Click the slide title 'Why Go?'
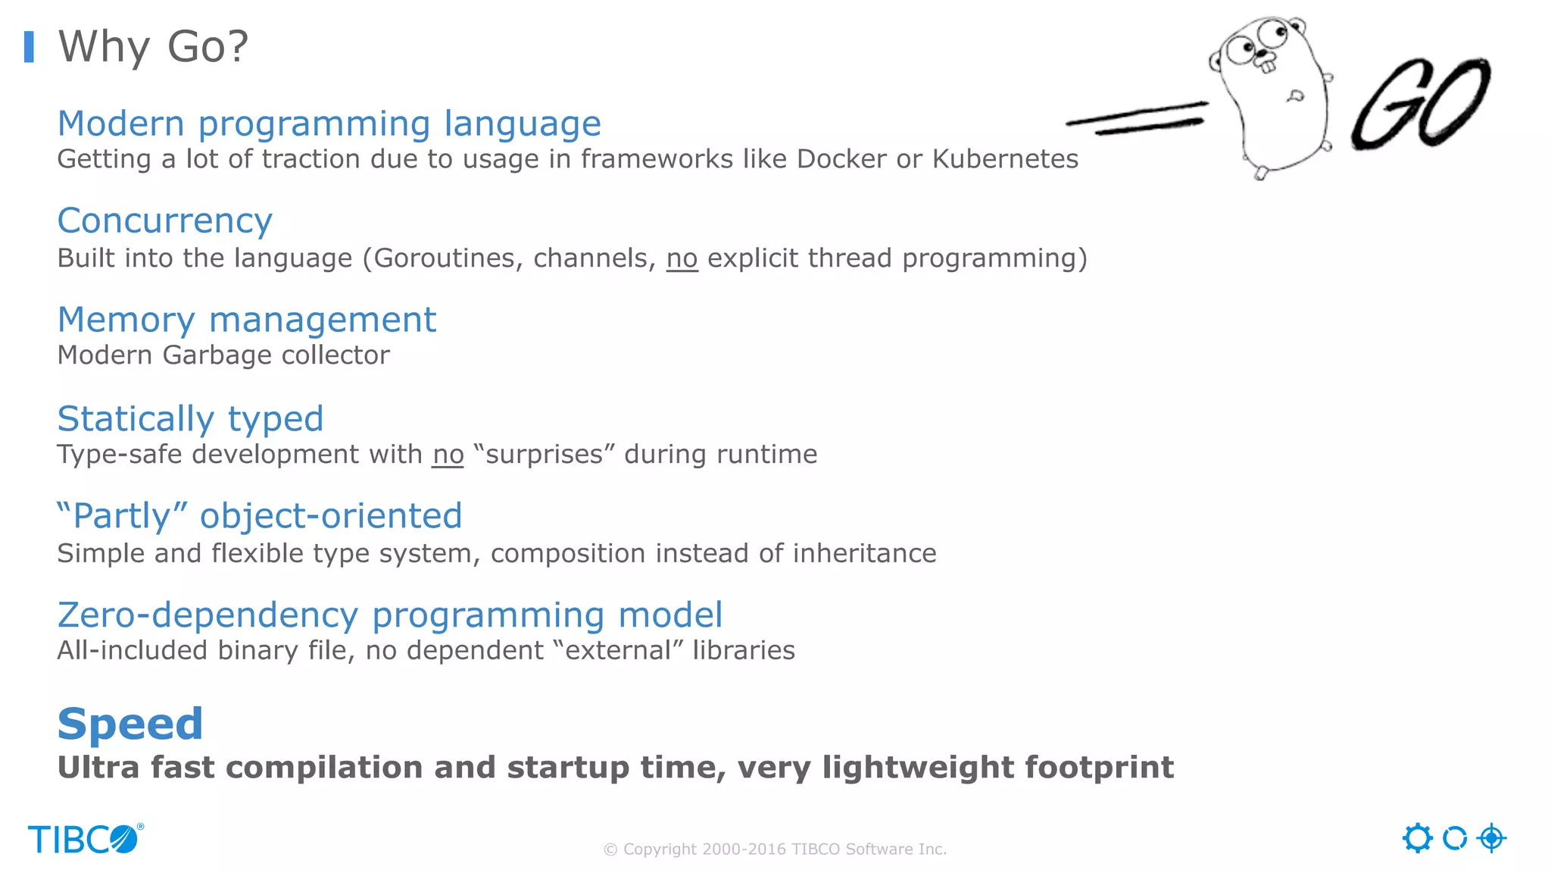[x=153, y=47]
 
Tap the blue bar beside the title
[x=30, y=47]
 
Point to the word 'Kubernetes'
[x=1005, y=159]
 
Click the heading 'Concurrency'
[x=164, y=221]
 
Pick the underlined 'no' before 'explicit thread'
[x=682, y=258]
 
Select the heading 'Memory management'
[x=247, y=320]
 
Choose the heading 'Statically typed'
[x=190, y=419]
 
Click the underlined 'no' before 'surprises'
[x=448, y=455]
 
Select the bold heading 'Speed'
[x=130, y=724]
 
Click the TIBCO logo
[x=85, y=839]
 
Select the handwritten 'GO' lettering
[x=1421, y=104]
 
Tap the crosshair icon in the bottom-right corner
[x=1491, y=838]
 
